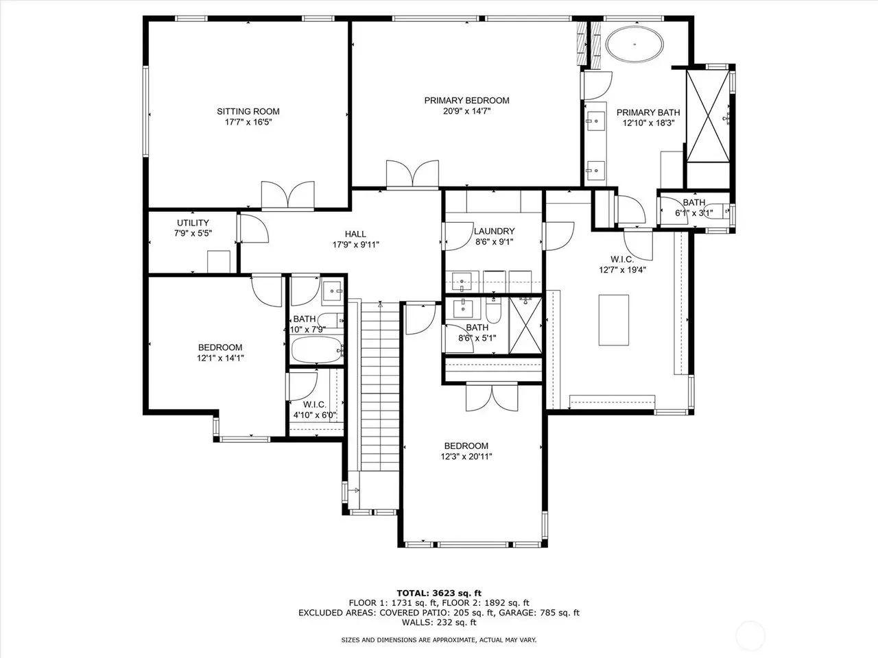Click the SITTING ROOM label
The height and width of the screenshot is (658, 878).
248,112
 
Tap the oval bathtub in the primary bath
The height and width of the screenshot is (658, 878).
634,45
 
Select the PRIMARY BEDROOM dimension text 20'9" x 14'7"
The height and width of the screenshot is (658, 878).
467,111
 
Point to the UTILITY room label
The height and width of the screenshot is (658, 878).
193,223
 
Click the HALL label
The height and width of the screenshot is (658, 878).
355,234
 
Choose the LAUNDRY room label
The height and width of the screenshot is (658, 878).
495,231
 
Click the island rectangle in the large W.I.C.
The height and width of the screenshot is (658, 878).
614,320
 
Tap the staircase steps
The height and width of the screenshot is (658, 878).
380,387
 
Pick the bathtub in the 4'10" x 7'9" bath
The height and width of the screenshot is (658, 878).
317,350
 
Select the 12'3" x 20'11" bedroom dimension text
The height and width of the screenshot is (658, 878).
466,456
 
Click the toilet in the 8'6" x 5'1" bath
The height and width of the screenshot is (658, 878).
494,310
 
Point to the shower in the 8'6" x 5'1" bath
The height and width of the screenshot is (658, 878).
525,326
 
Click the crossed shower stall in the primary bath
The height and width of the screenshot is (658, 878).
708,117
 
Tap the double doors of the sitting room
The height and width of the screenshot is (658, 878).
287,195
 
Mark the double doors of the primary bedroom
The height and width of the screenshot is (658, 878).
412,174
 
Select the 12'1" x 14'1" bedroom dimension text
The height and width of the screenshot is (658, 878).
220,358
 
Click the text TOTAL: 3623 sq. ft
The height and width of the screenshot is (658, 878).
439,593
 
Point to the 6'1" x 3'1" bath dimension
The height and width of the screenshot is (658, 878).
694,213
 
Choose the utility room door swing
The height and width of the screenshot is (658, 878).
254,228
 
